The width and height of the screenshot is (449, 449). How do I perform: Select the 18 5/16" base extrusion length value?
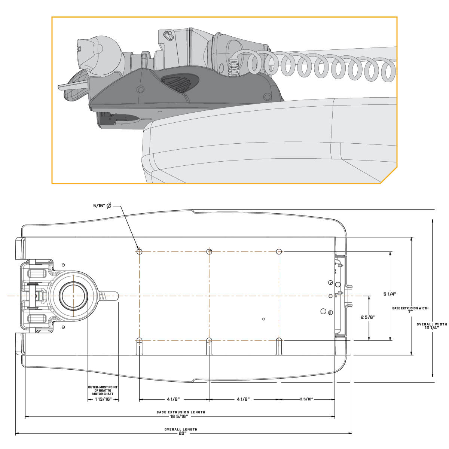pos(181,416)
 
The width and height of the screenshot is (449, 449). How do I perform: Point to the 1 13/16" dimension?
pos(103,399)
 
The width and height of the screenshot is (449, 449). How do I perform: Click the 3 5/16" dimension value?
pos(306,399)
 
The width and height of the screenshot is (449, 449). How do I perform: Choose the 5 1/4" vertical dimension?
pos(390,294)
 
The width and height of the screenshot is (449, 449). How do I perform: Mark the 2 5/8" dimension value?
pos(368,317)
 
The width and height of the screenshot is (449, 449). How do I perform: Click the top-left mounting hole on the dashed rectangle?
pos(139,251)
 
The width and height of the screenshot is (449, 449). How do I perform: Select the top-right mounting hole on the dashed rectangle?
pos(279,251)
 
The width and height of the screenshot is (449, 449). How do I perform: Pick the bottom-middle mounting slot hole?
pos(209,340)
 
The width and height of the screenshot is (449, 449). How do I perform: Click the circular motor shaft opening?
pos(73,296)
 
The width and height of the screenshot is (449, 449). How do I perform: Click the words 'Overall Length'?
pos(181,429)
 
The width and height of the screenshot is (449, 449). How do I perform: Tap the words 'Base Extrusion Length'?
pos(181,412)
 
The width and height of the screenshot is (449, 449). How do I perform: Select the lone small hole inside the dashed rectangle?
pos(264,319)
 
